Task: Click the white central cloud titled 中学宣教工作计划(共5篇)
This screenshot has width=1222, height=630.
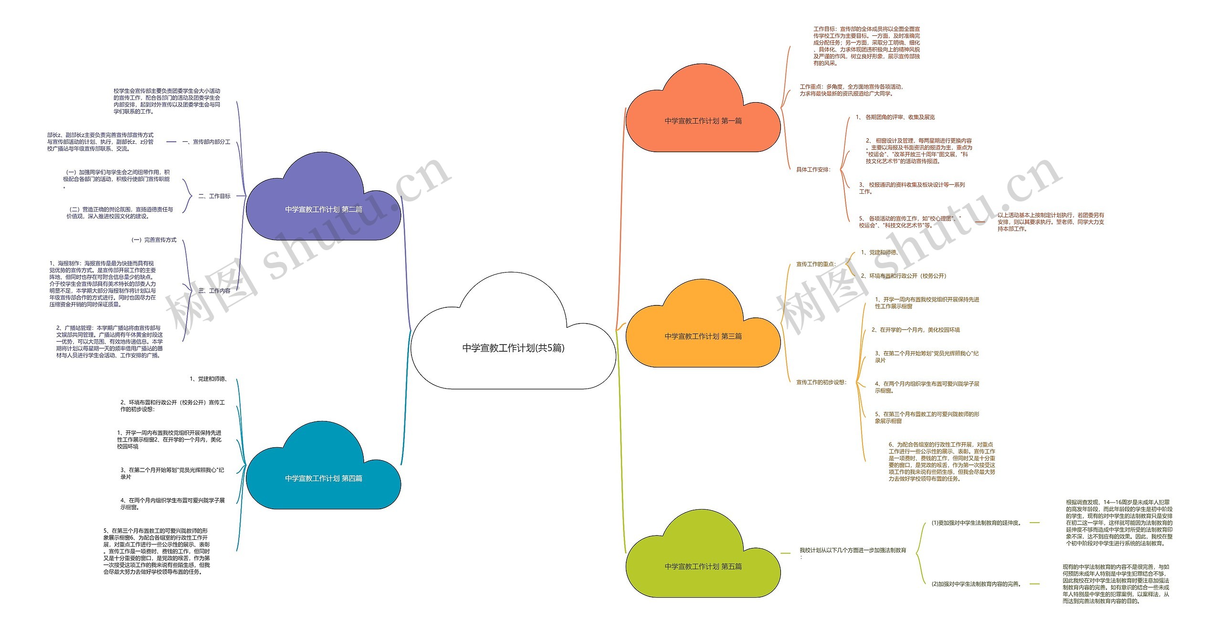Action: tap(513, 348)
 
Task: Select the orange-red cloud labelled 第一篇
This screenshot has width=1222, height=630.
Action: tap(703, 121)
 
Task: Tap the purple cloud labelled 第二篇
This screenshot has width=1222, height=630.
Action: tap(323, 209)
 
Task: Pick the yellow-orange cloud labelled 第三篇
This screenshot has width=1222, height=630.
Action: tap(703, 336)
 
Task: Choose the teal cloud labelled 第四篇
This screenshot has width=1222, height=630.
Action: tap(323, 478)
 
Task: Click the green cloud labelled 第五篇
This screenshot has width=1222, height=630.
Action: tap(703, 567)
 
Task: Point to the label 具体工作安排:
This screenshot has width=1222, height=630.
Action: tap(813, 169)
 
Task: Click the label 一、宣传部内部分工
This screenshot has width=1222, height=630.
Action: tap(206, 142)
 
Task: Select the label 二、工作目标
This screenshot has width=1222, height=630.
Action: tap(214, 196)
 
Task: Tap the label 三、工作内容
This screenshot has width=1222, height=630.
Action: tap(214, 291)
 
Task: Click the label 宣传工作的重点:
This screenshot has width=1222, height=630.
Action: tap(816, 264)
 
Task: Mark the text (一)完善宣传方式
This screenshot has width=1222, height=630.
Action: tap(154, 240)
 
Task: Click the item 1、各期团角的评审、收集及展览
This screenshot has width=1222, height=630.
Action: tap(895, 117)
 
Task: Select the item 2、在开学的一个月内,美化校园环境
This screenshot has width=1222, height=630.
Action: tap(915, 330)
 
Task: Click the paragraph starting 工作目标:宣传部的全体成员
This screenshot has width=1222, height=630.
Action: tap(866, 46)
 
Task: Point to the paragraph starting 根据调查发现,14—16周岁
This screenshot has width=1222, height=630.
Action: tap(1119, 523)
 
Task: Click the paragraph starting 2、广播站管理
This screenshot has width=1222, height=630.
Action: tap(109, 342)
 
